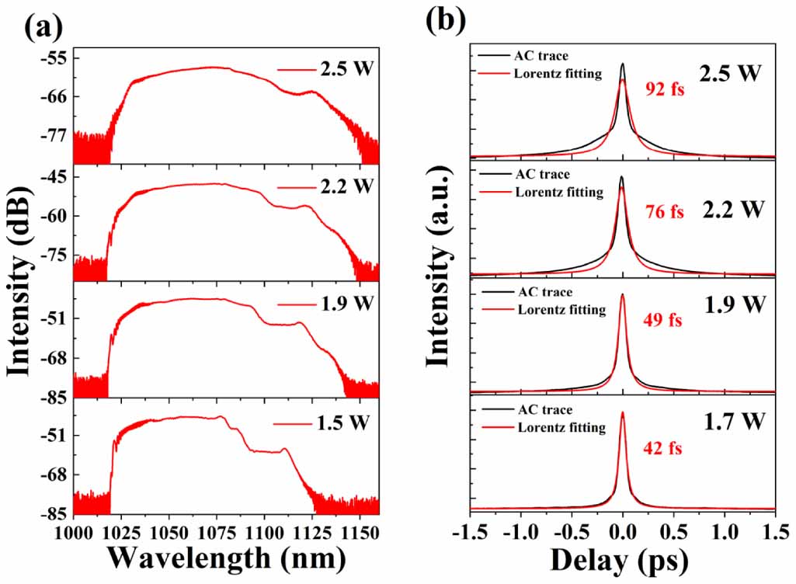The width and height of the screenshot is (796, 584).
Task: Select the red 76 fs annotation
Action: (x=664, y=212)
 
